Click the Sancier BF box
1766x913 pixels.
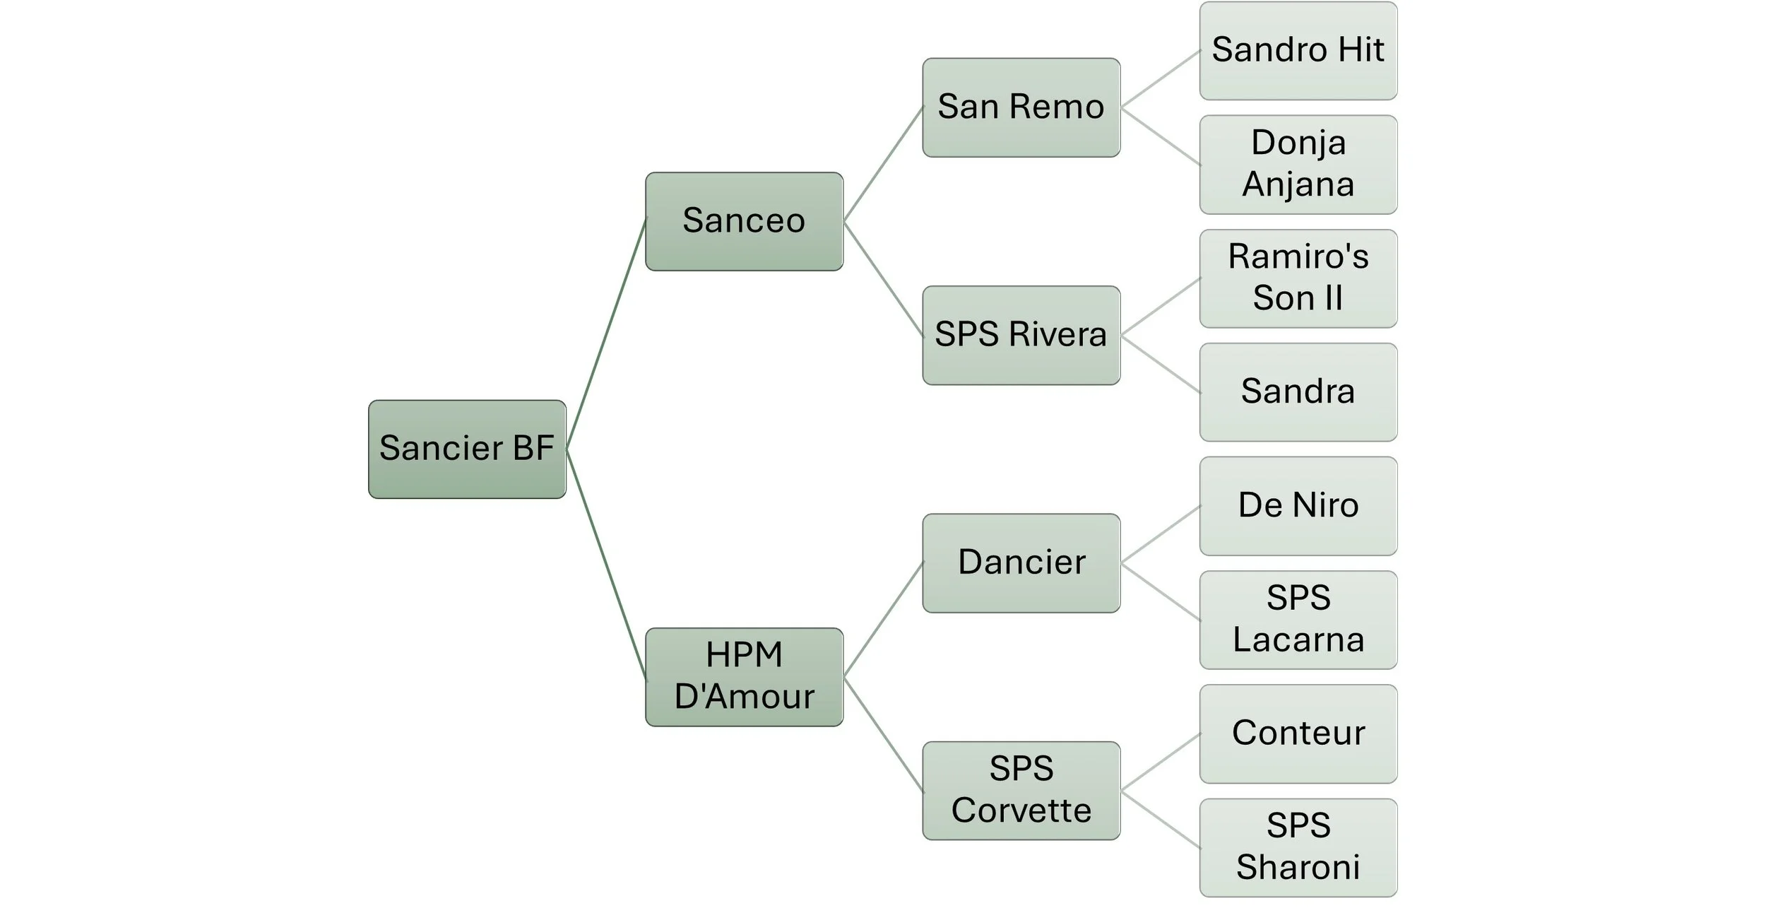pyautogui.click(x=467, y=449)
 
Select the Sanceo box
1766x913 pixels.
pyautogui.click(x=744, y=221)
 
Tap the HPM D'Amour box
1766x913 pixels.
pyautogui.click(x=744, y=676)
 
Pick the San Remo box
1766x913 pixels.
pyautogui.click(x=1021, y=107)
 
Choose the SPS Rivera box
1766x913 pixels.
pyautogui.click(x=1021, y=335)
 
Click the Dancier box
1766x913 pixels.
pyautogui.click(x=1021, y=562)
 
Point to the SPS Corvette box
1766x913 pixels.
pyautogui.click(x=1021, y=790)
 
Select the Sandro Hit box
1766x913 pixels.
pyautogui.click(x=1298, y=50)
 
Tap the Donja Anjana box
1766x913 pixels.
pyautogui.click(x=1298, y=164)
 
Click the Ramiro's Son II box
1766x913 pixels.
pyautogui.click(x=1298, y=278)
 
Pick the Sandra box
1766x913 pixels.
pyautogui.click(x=1298, y=392)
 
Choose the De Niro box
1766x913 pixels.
pyautogui.click(x=1298, y=506)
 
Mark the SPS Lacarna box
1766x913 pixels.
pyautogui.click(x=1298, y=620)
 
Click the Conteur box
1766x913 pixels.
pyautogui.click(x=1298, y=734)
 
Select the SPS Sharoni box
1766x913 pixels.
pyautogui.click(x=1298, y=847)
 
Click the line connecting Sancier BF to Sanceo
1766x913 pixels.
pyautogui.click(x=606, y=334)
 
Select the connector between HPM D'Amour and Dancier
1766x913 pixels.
pyautogui.click(x=883, y=620)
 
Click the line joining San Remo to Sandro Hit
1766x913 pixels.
pyautogui.click(x=1160, y=79)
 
